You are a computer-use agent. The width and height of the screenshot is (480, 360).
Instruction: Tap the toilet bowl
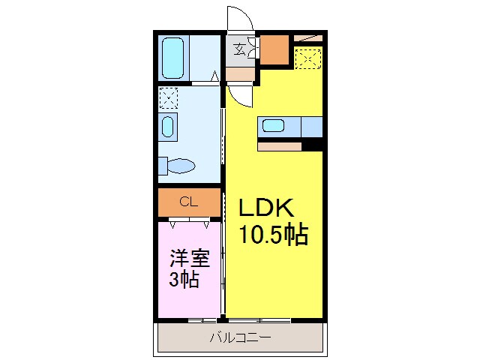(183, 166)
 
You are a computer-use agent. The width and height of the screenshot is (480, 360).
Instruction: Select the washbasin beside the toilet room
(168, 127)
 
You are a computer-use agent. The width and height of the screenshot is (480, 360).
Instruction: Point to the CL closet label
(189, 202)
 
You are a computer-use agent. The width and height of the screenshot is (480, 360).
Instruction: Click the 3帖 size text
(183, 281)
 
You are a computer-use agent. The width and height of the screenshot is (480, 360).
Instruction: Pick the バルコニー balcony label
(240, 338)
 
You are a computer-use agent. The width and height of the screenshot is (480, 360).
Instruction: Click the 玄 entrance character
(239, 50)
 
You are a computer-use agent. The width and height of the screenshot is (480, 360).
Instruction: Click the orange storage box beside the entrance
(274, 49)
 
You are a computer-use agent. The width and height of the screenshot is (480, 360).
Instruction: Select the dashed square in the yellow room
(307, 58)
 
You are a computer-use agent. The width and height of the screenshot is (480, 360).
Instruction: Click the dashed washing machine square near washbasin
(168, 98)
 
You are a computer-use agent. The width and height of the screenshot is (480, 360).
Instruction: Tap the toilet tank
(162, 166)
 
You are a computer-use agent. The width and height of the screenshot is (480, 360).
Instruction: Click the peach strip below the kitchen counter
(279, 146)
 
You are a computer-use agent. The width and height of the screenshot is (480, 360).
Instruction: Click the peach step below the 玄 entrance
(240, 73)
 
